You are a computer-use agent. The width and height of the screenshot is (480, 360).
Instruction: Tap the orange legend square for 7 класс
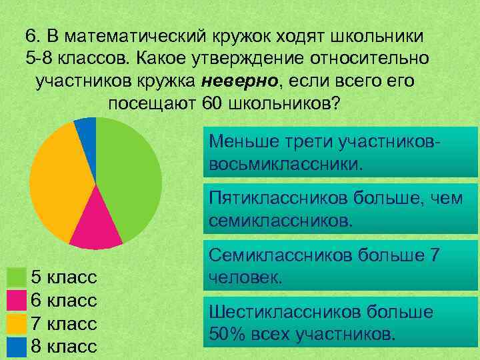15,323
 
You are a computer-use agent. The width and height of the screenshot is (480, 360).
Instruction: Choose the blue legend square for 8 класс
15,346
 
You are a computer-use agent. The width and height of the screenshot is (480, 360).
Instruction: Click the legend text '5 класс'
65,277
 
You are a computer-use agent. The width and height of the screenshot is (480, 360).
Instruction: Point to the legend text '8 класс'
65,347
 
